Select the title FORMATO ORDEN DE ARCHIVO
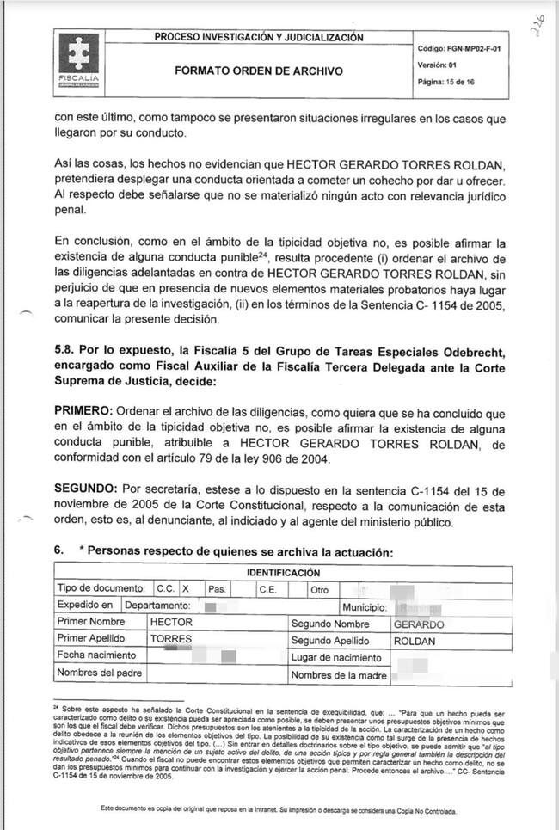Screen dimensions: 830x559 (258, 71)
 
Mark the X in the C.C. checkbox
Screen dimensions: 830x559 (184, 589)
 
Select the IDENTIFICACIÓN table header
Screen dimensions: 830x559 (283, 573)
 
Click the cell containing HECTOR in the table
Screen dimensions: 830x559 (171, 623)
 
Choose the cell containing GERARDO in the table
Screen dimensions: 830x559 (418, 624)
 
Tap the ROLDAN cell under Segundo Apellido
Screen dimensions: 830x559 (415, 641)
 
